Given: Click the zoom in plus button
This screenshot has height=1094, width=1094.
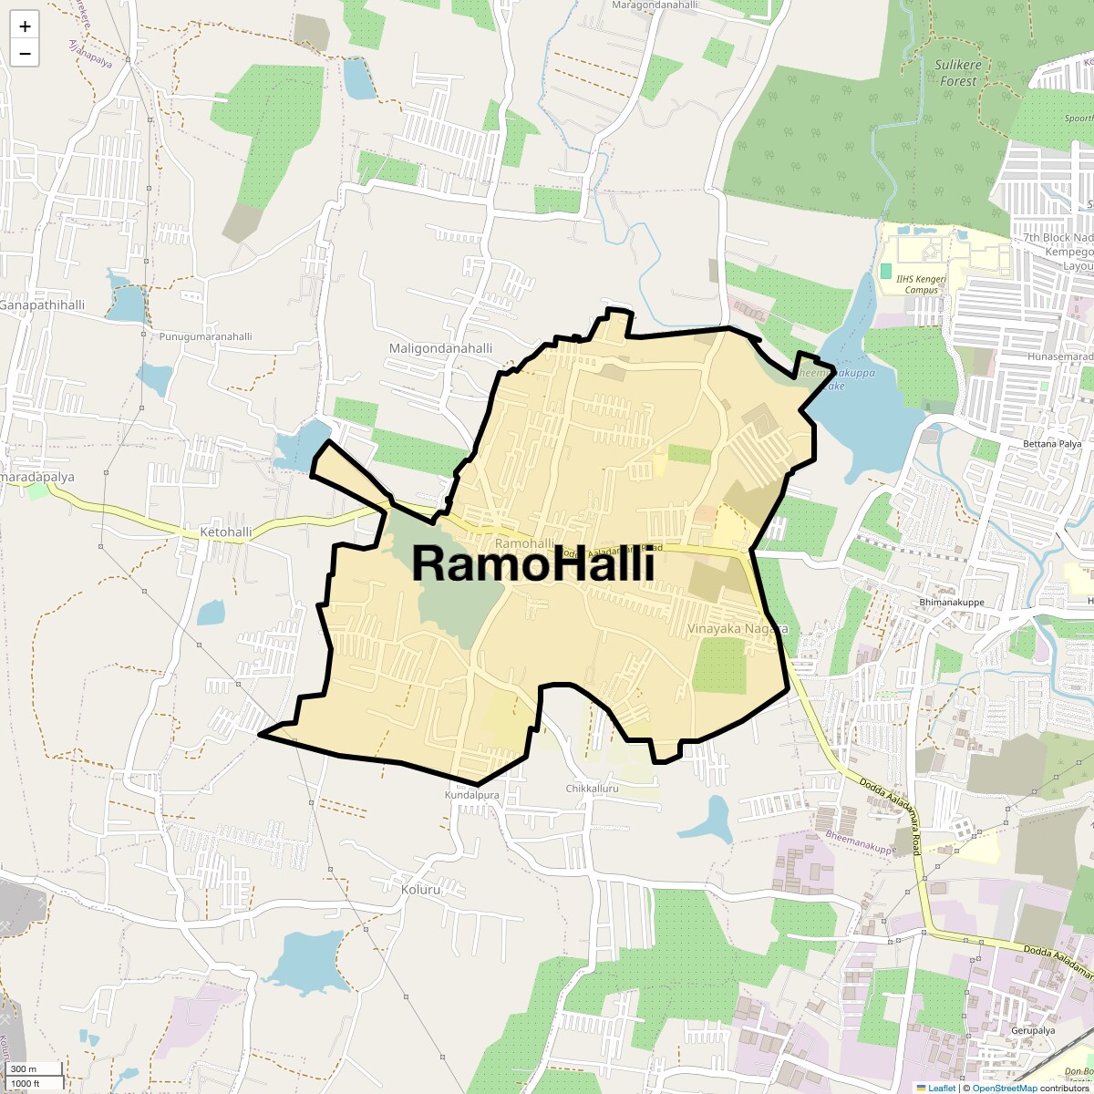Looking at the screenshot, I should [x=25, y=26].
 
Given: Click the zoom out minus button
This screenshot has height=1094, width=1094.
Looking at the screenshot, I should [x=25, y=54].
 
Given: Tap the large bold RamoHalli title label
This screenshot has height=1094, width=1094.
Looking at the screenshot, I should [x=533, y=563].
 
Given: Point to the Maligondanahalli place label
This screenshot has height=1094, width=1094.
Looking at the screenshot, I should [x=440, y=348].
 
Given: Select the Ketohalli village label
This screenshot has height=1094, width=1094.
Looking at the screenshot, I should [x=225, y=532].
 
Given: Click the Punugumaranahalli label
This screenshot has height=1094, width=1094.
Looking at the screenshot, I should [x=205, y=336].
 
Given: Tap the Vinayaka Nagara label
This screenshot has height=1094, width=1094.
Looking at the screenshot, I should [x=738, y=629].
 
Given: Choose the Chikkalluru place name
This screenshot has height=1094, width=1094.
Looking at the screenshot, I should [x=592, y=788].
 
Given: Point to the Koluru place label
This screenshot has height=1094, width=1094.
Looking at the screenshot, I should [x=421, y=889].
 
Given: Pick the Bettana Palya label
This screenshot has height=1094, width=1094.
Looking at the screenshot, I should [x=1026, y=444].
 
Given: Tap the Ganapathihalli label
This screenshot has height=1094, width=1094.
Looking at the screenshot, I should [x=42, y=304].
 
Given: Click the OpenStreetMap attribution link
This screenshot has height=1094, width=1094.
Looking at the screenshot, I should [x=1004, y=1088].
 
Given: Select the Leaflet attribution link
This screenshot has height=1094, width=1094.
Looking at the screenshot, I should [x=942, y=1088].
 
